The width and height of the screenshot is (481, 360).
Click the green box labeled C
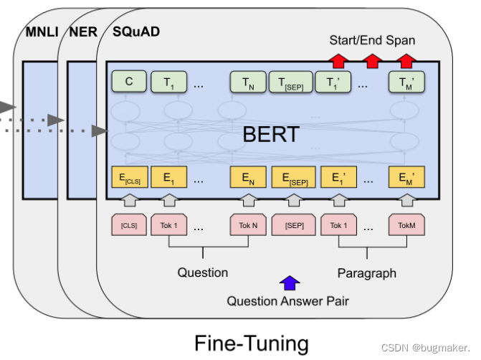click(128, 82)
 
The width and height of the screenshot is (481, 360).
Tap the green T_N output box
click(247, 83)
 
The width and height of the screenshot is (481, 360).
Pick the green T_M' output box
click(406, 83)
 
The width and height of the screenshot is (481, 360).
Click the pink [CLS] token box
click(128, 226)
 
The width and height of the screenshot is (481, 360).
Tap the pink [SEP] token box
click(292, 226)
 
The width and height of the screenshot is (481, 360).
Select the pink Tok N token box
click(247, 226)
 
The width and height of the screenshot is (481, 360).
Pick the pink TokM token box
click(406, 226)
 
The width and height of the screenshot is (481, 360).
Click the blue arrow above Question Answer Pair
click(288, 283)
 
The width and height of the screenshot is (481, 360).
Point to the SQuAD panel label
click(136, 32)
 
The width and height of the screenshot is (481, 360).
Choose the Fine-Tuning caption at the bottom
click(251, 343)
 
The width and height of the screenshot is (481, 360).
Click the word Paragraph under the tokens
click(366, 273)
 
